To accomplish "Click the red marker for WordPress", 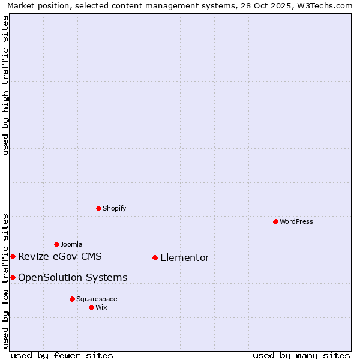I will pyautogui.click(x=275, y=221).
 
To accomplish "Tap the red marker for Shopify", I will pyautogui.click(x=98, y=208).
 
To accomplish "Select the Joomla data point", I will pyautogui.click(x=56, y=244).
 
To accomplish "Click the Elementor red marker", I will pyautogui.click(x=155, y=257).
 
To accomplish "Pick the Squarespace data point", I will pyautogui.click(x=72, y=299).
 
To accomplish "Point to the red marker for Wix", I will pyautogui.click(x=91, y=307).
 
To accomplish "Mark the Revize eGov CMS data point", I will pyautogui.click(x=13, y=256).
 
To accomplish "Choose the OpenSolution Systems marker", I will pyautogui.click(x=13, y=277).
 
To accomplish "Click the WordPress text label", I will pyautogui.click(x=296, y=221).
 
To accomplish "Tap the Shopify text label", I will pyautogui.click(x=114, y=208).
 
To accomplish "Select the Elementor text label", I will pyautogui.click(x=185, y=257).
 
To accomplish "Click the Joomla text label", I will pyautogui.click(x=71, y=244).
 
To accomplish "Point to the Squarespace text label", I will pyautogui.click(x=97, y=299).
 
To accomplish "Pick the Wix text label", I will pyautogui.click(x=101, y=307).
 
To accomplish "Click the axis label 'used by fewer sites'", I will pyautogui.click(x=62, y=355).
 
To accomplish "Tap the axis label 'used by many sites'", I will pyautogui.click(x=301, y=355).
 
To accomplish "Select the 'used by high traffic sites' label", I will pyautogui.click(x=5, y=85).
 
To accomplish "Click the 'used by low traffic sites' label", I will pyautogui.click(x=5, y=280).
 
